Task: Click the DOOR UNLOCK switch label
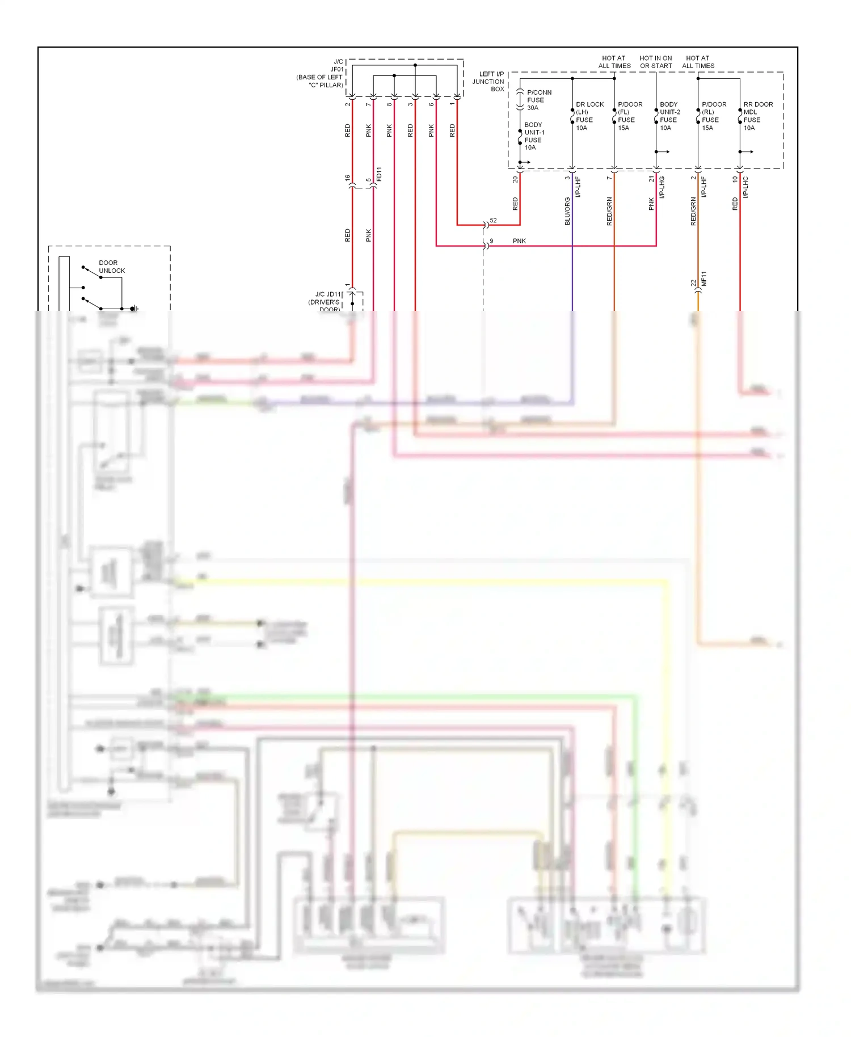point(112,267)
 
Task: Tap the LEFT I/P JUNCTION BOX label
point(488,82)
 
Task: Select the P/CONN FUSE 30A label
point(538,100)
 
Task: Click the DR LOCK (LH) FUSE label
point(589,116)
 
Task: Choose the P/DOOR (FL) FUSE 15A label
point(629,116)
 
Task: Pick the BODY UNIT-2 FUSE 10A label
point(669,116)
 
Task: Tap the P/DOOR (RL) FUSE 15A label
point(713,116)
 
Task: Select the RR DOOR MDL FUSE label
point(757,116)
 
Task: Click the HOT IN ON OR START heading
point(656,62)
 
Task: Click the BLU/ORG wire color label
point(567,211)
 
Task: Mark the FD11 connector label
point(379,174)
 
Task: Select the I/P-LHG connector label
point(662,187)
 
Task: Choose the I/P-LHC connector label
point(746,187)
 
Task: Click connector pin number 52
point(493,221)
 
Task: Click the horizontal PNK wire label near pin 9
point(519,241)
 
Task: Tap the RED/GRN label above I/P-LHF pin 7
point(609,211)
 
